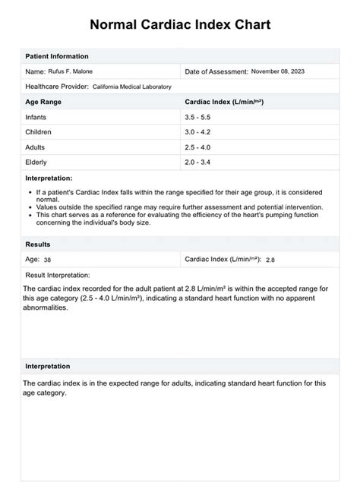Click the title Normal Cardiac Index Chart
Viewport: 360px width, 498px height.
tap(180, 24)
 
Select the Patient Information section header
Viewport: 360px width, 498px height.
tap(57, 56)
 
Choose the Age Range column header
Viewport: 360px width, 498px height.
tap(43, 101)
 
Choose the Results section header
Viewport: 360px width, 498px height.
tap(38, 244)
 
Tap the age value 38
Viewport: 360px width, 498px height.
tap(48, 260)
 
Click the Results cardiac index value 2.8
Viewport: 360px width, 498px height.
tap(270, 260)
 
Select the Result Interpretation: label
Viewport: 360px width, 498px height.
tap(58, 274)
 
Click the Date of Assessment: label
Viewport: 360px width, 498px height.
tap(216, 71)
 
